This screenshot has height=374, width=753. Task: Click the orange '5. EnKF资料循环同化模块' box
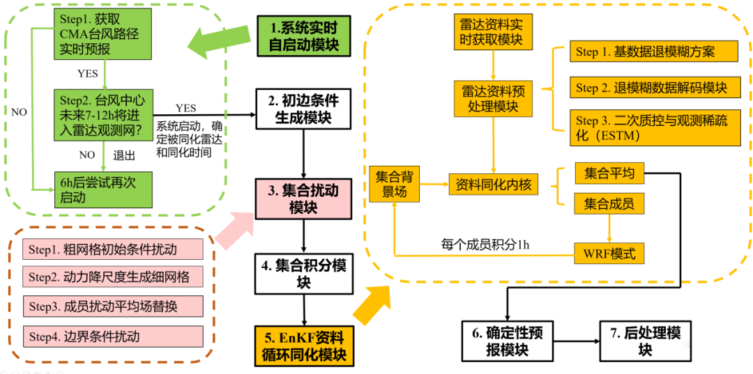[x=304, y=346]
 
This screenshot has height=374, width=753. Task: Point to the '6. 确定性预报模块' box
[x=507, y=341]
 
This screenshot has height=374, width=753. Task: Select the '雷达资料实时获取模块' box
[x=493, y=32]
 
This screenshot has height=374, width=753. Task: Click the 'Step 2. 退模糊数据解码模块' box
[x=651, y=88]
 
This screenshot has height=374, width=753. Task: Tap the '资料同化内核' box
[x=493, y=185]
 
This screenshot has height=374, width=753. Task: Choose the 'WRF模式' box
[x=609, y=253]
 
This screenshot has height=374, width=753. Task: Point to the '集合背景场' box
[x=395, y=185]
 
